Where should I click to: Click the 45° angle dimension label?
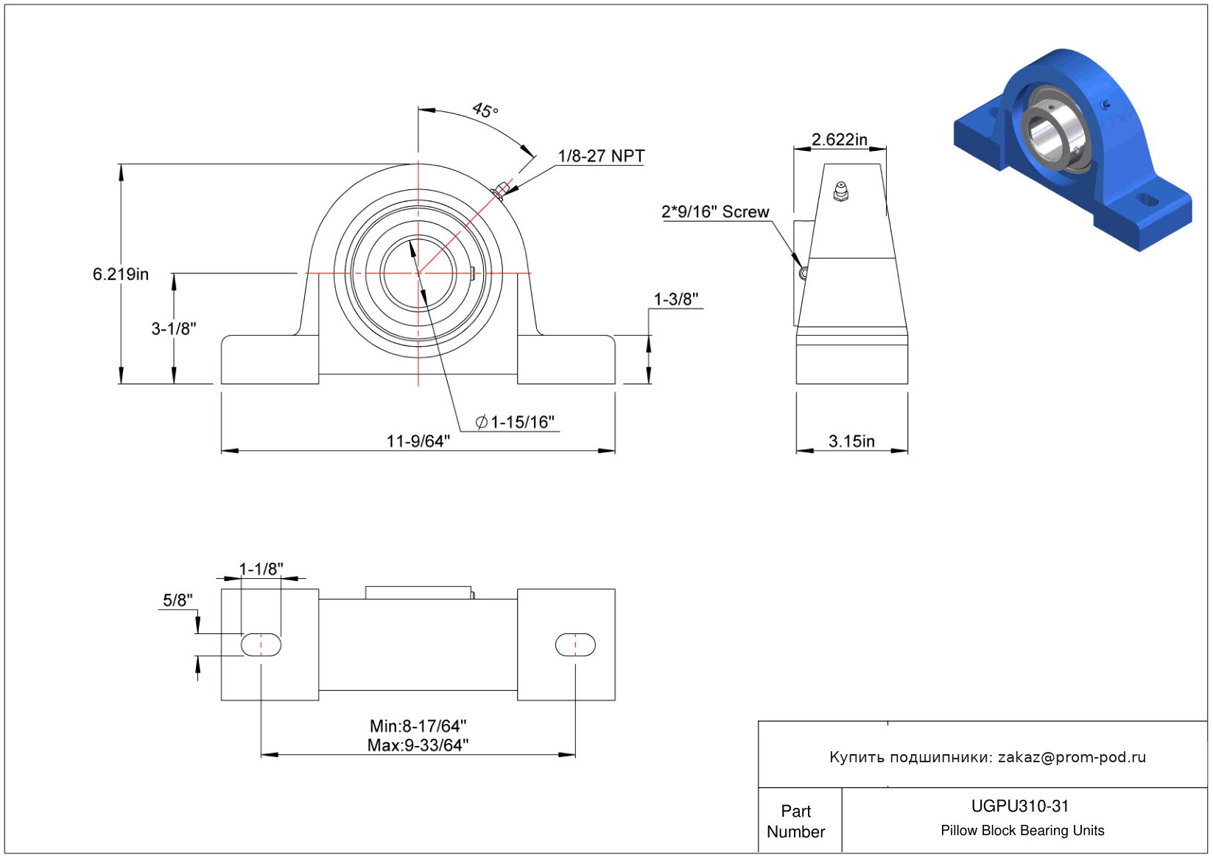tap(485, 110)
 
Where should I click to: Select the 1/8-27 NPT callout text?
tap(601, 156)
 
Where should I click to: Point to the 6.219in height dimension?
tap(121, 274)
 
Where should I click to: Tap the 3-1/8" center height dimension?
tap(174, 328)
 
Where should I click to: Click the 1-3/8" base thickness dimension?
tap(676, 299)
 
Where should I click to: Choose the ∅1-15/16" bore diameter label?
tap(515, 422)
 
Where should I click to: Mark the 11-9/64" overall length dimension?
tap(418, 440)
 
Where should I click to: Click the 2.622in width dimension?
tap(839, 139)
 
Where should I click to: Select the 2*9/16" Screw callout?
tap(715, 212)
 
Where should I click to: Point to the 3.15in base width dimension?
tap(851, 440)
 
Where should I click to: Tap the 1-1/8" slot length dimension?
tap(261, 569)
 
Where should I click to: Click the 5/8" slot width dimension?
tap(177, 600)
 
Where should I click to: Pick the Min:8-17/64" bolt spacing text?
tap(418, 726)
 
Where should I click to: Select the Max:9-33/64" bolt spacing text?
tap(418, 745)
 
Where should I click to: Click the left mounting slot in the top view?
tap(261, 644)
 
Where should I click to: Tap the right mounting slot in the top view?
tap(575, 644)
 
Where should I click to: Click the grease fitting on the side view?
tap(840, 191)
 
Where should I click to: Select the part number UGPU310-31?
tap(1020, 806)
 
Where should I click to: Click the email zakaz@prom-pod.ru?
tap(1072, 757)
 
